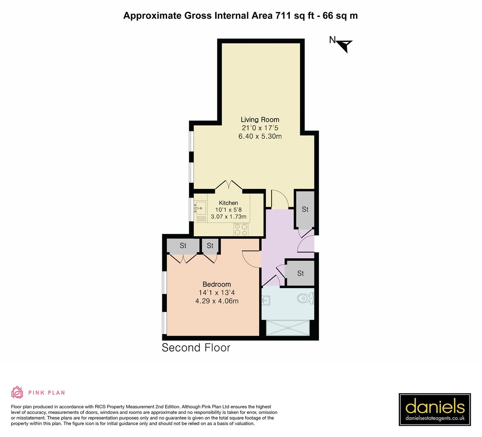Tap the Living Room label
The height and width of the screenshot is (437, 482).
(x=260, y=119)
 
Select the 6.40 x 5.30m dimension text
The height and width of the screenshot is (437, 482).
(x=260, y=136)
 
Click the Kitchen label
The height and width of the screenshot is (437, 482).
(x=228, y=203)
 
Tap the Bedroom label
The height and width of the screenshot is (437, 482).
(x=217, y=284)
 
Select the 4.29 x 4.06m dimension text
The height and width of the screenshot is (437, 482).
(x=217, y=301)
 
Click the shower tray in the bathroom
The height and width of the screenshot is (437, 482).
(x=288, y=327)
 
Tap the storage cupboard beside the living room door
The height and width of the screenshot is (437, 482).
(x=305, y=209)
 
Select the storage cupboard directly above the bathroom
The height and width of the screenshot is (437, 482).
(x=300, y=273)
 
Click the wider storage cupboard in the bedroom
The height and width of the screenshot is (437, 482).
(x=183, y=246)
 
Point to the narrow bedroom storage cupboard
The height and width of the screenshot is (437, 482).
(x=210, y=246)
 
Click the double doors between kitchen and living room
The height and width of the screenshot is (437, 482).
(x=229, y=185)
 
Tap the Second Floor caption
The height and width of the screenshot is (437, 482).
(x=196, y=348)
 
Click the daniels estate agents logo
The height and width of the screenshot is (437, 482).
(x=435, y=409)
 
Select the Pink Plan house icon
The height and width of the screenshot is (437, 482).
(x=17, y=392)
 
